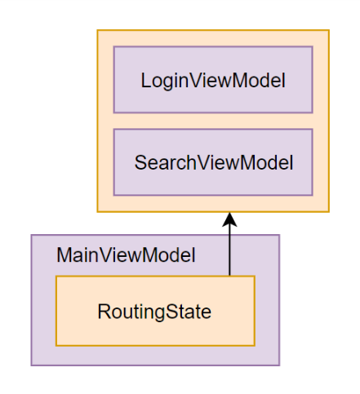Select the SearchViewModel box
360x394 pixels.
pos(212,162)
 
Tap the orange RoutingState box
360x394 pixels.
pos(155,311)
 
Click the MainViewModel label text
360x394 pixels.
pos(126,255)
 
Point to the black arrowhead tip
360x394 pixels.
pos(229,213)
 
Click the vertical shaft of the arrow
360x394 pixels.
pos(229,249)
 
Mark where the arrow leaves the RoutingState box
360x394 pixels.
pos(229,276)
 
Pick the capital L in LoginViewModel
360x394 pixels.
pos(145,81)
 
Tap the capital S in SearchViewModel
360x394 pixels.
pos(140,162)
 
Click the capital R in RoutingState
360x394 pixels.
pos(103,312)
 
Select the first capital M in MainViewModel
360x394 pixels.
pos(64,255)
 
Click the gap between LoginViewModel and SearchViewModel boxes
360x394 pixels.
pos(212,120)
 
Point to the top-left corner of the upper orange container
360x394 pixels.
pos(98,30)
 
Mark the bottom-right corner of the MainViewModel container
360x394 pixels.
pos(279,365)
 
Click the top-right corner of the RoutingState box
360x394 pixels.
pos(255,277)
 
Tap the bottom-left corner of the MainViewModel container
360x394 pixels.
pos(32,365)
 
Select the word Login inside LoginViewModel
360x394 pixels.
pos(161,81)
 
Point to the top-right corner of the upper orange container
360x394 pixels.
pos(329,30)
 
